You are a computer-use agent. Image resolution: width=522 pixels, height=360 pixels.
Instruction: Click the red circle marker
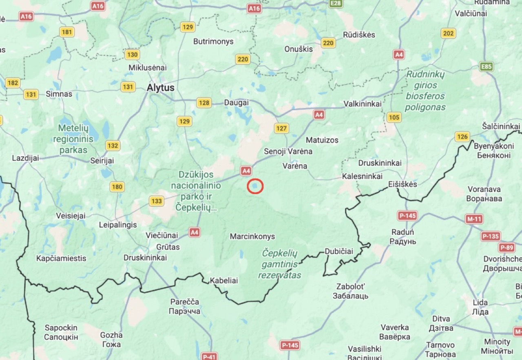coord(255,186)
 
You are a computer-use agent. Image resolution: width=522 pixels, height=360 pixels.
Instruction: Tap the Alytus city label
coord(161,88)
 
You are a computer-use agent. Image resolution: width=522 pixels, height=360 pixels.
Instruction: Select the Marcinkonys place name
coord(252,236)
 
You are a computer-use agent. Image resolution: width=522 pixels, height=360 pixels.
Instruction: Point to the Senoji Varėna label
coord(288,151)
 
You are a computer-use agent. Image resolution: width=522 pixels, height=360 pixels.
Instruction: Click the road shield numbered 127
coord(281,128)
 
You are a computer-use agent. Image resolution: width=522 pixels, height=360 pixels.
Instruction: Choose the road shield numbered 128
coord(204,103)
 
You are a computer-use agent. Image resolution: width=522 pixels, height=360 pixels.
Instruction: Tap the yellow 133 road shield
coord(156,201)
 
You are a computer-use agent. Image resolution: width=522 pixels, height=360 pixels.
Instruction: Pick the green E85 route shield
coord(487,67)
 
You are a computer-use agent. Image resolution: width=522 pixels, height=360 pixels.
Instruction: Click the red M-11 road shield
coord(475,219)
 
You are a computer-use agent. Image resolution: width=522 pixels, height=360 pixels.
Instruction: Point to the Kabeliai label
coord(223,280)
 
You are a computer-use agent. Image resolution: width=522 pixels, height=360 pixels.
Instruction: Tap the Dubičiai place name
coord(339,251)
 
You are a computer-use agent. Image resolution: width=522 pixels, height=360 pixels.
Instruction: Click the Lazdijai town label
coord(26,158)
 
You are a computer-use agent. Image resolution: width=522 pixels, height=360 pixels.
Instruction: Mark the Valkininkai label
coord(363,104)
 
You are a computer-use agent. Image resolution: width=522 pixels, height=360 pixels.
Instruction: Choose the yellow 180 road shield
coord(117,187)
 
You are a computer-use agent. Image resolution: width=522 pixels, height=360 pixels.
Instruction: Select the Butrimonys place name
coord(213,42)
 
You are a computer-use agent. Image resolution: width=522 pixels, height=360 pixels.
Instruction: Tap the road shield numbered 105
coord(394,118)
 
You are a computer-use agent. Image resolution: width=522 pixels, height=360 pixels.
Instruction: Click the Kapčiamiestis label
coord(61,258)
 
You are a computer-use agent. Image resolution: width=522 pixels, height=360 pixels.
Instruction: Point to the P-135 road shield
coord(490,236)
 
